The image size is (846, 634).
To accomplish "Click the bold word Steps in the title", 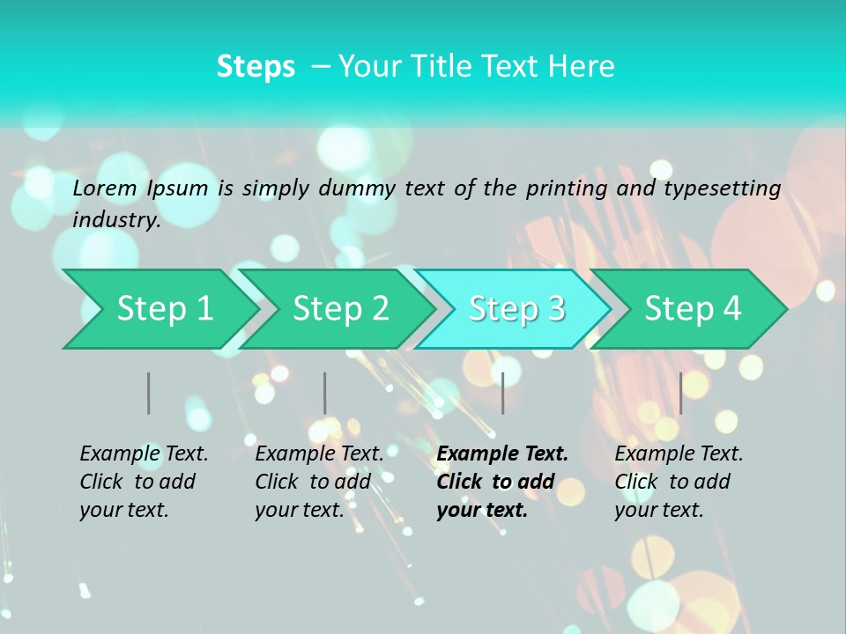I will (256, 66).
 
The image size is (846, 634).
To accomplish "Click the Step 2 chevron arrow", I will (339, 308).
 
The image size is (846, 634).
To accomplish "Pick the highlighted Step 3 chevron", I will (516, 308).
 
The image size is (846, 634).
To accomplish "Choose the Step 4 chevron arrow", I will (692, 308).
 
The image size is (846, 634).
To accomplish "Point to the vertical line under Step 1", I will (149, 393).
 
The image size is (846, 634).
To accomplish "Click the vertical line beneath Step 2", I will (325, 393).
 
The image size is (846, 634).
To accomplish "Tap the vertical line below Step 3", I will (503, 393).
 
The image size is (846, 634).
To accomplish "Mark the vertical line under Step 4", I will (681, 393).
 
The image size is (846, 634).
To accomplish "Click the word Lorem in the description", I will (105, 188).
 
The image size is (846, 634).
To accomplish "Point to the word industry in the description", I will (116, 220).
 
